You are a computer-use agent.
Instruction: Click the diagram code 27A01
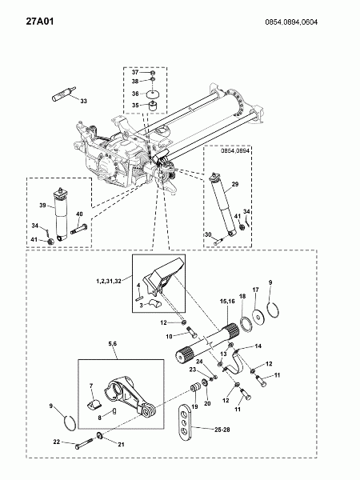(40, 22)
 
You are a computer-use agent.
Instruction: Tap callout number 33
(83, 101)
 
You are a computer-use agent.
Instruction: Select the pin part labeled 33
(63, 94)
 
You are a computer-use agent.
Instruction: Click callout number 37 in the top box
(135, 72)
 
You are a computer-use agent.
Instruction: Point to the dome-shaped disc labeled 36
(154, 94)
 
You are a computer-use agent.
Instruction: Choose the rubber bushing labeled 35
(153, 106)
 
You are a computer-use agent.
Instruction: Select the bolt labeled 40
(79, 230)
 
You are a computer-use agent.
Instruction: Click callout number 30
(208, 234)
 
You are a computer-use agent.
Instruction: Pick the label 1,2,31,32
(109, 281)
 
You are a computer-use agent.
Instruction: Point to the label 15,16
(227, 302)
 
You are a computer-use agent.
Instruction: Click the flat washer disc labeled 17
(258, 317)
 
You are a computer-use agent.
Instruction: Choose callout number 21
(122, 444)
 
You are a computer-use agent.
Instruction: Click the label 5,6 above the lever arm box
(112, 344)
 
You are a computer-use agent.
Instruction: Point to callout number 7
(91, 386)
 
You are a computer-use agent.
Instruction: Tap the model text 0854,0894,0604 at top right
(291, 22)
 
